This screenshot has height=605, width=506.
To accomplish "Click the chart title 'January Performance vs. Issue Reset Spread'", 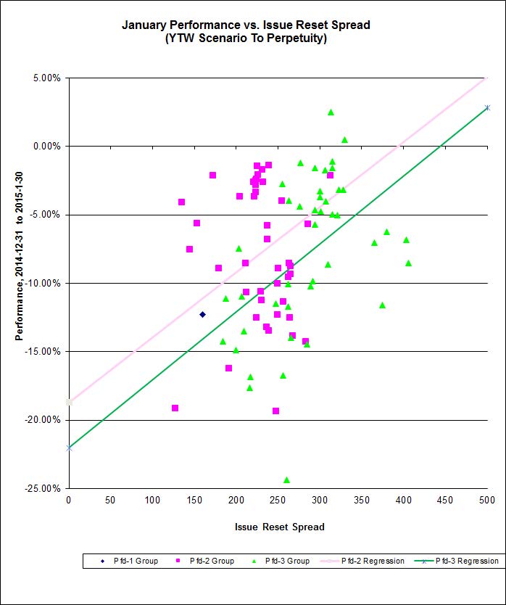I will (246, 25).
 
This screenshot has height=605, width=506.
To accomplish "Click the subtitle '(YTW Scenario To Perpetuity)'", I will (246, 38).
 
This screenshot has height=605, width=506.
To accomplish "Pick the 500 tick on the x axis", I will (486, 500).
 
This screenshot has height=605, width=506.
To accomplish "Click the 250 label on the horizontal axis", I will (278, 500).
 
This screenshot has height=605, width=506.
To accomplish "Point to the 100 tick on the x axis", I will (152, 500).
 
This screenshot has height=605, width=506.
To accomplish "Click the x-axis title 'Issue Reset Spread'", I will (279, 527).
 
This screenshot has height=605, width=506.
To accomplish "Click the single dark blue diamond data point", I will (202, 314).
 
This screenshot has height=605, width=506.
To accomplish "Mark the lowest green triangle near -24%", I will (286, 480).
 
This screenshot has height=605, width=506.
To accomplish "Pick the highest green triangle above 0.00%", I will (331, 112).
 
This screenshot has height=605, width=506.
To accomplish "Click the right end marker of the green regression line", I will (487, 107).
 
